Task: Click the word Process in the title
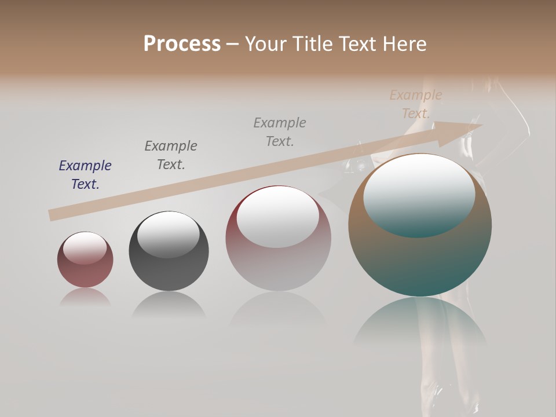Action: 182,43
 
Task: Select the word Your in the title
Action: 265,43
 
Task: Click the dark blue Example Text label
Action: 85,175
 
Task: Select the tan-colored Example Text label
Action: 416,104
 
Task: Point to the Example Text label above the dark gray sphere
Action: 171,155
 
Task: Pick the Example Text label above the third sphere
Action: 280,132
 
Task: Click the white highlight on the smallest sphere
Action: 85,248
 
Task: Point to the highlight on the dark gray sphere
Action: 168,235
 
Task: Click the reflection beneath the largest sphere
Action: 420,324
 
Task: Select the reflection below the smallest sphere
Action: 85,297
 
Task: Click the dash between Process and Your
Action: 233,43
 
